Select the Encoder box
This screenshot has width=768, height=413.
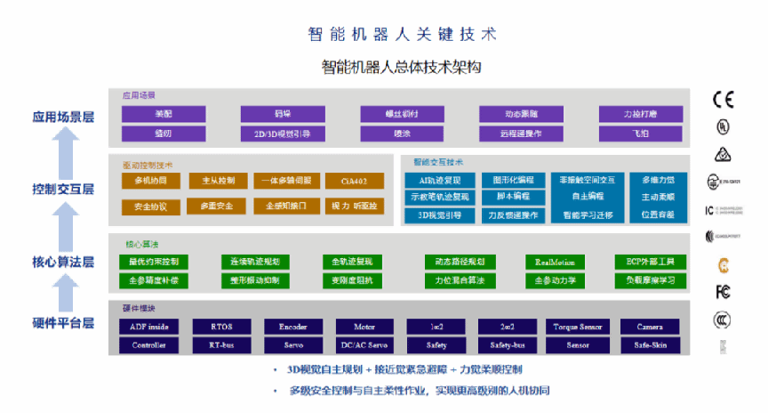point(293,327)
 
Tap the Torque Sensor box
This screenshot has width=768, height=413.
point(577,327)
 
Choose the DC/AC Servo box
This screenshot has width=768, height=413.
point(364,344)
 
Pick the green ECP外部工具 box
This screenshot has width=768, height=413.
point(651,262)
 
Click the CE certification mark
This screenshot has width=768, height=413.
point(724,100)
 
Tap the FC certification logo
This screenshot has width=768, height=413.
point(724,292)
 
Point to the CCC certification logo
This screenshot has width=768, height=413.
point(724,319)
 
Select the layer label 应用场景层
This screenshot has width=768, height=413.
point(63,116)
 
